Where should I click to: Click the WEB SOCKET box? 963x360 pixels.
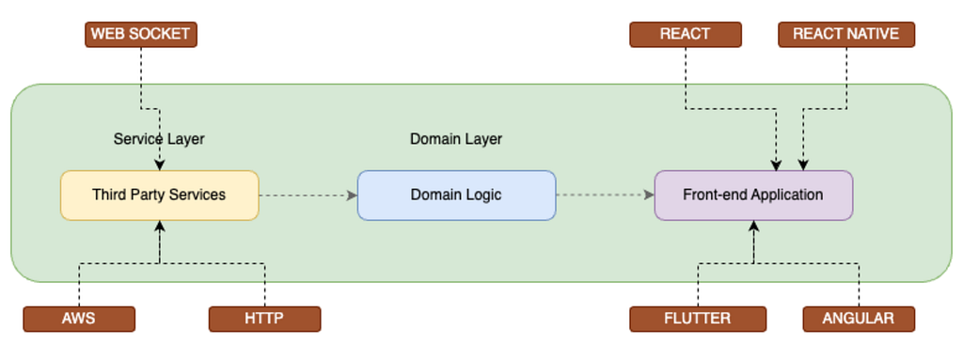[140, 35]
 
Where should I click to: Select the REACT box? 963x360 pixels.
[685, 35]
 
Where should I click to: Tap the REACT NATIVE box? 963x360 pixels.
[845, 35]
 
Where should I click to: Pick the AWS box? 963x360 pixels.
[78, 319]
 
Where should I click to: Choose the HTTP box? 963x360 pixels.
[264, 319]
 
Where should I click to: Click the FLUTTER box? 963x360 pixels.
[697, 319]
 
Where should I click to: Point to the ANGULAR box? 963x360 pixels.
[858, 319]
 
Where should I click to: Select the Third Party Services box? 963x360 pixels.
[159, 196]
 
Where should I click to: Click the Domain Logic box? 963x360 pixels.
[456, 196]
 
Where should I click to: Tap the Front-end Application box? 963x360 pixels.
[753, 196]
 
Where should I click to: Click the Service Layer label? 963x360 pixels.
[159, 139]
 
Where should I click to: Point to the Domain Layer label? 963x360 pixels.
[456, 139]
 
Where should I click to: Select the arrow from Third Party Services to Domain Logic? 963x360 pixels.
[308, 196]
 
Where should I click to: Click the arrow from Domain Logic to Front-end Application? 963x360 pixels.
[605, 196]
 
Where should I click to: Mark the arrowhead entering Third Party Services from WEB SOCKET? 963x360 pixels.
[159, 165]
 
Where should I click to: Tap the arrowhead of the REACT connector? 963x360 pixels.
[778, 165]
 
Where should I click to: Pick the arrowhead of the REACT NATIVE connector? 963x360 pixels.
[802, 165]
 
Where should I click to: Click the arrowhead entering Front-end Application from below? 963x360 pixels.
[753, 226]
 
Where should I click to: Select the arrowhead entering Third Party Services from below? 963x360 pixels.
[160, 226]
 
